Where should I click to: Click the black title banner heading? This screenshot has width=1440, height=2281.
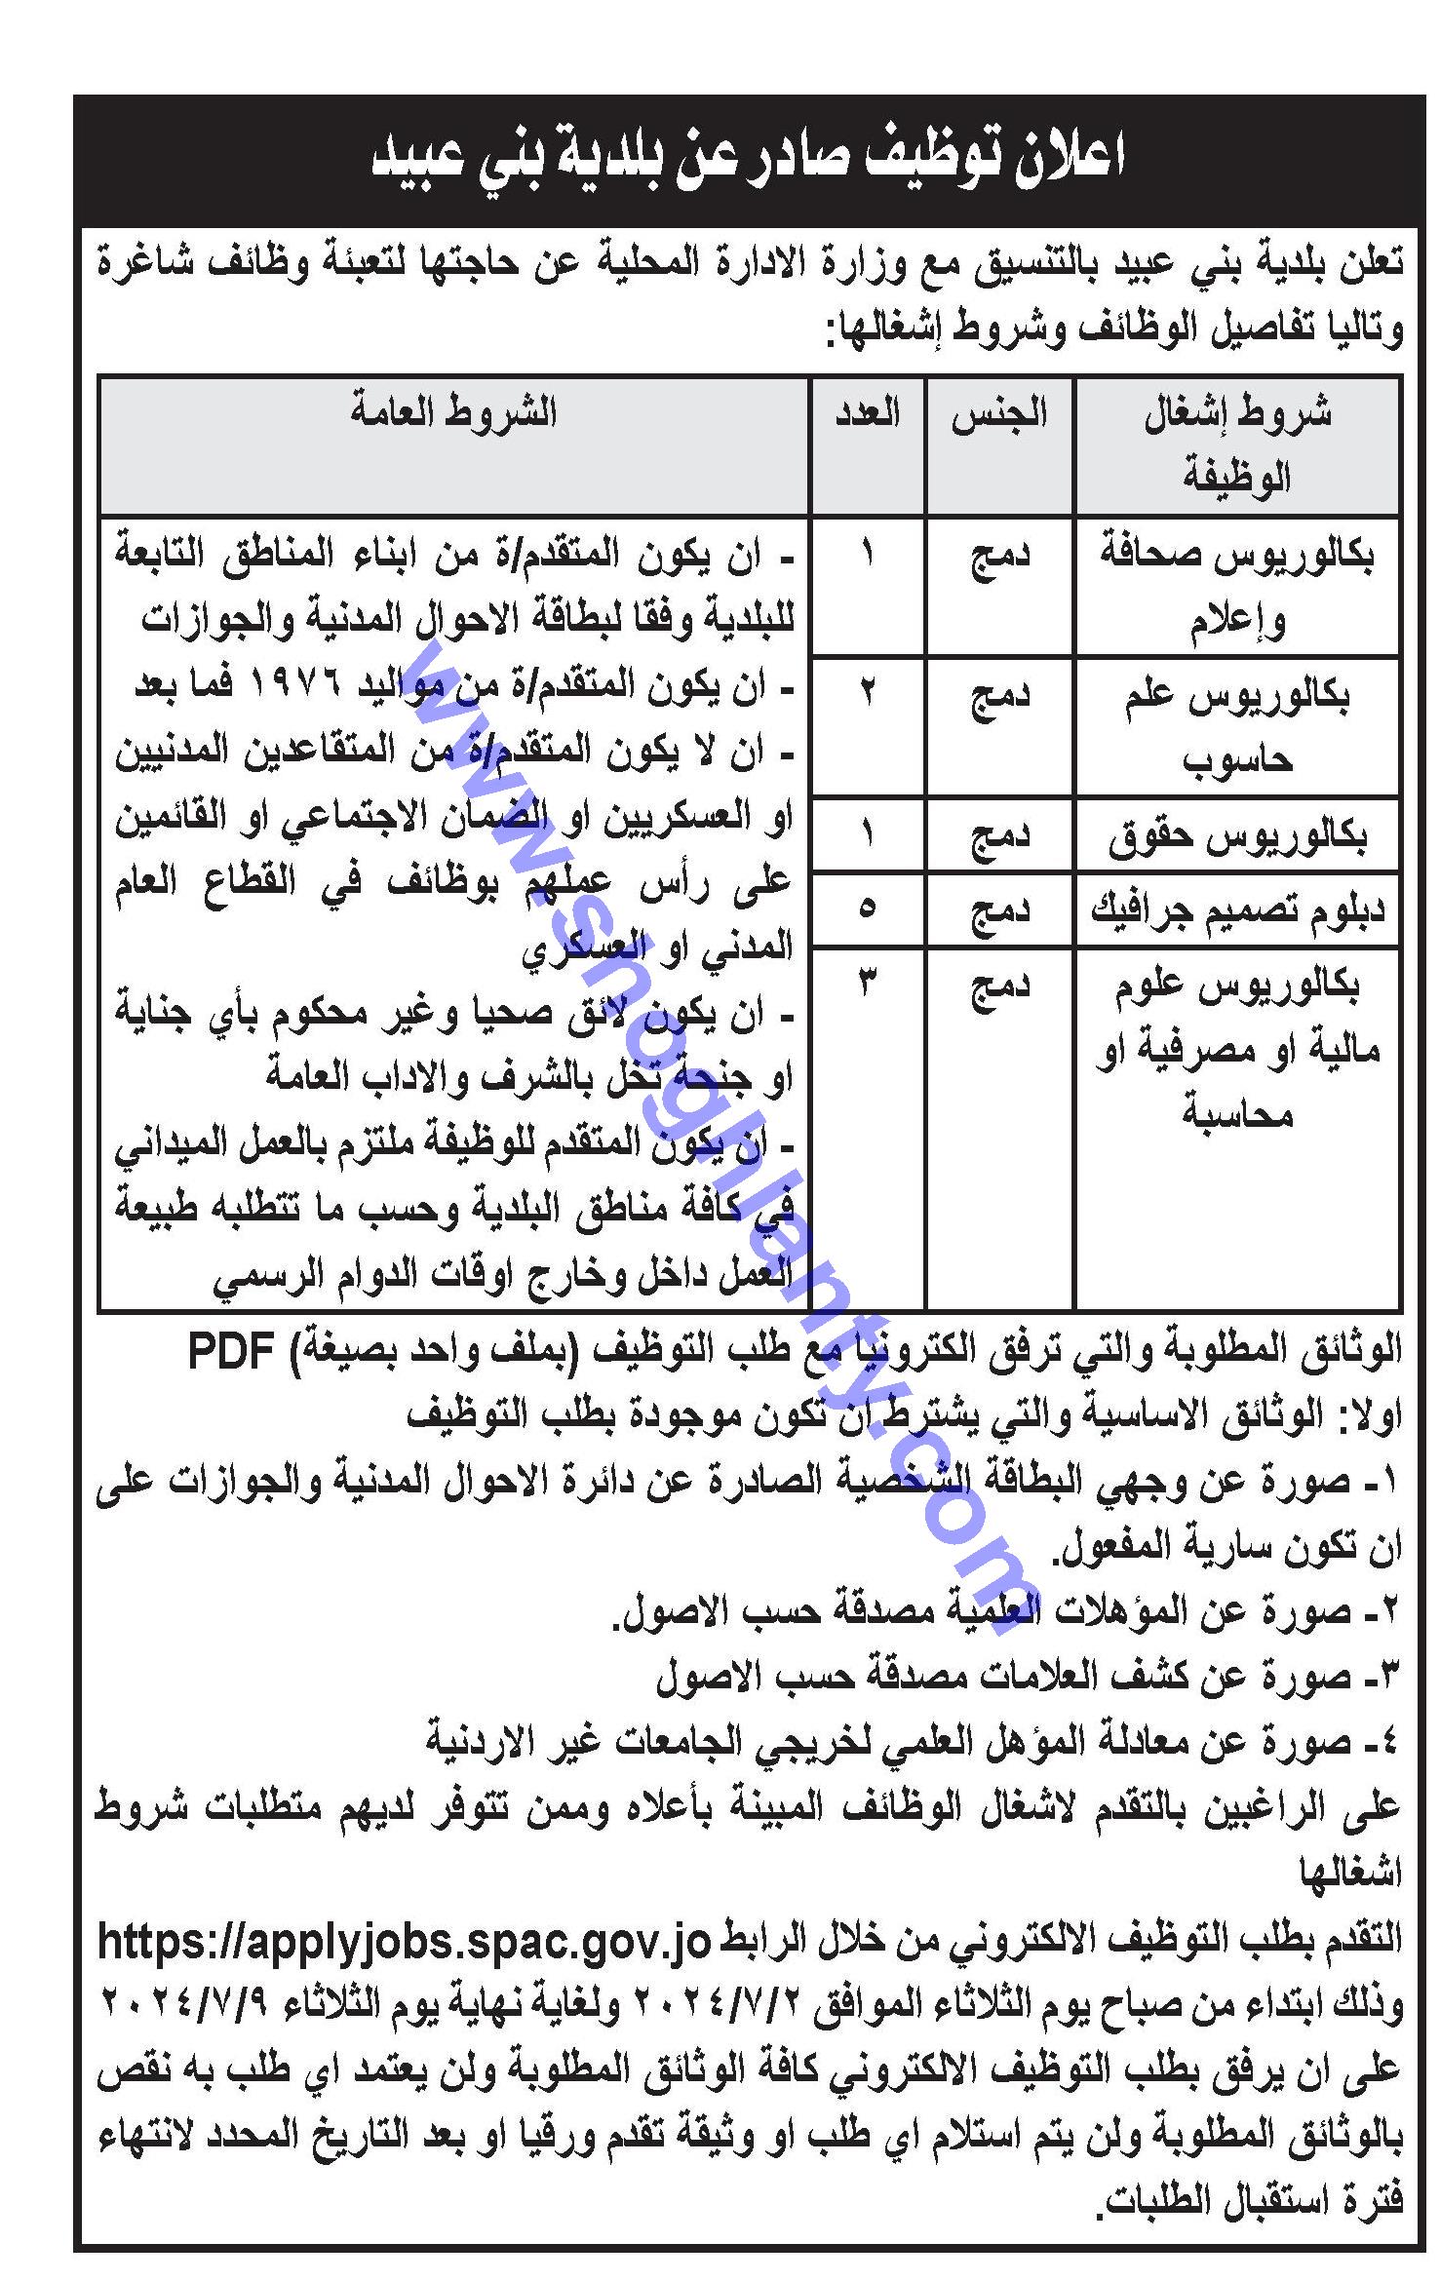[749, 158]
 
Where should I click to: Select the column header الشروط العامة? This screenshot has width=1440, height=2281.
[454, 413]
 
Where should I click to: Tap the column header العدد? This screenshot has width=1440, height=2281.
[868, 413]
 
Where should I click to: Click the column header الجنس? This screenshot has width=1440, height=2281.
[1000, 413]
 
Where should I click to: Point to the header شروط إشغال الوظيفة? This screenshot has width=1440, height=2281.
[1236, 445]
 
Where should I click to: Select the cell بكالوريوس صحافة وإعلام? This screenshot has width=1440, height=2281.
[1236, 586]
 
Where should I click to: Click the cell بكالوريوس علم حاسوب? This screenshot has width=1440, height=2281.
[1236, 726]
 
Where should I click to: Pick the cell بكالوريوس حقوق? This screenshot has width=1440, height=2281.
[1236, 836]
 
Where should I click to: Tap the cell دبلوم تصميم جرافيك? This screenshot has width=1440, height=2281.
[1236, 910]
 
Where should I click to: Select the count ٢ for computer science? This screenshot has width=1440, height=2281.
[868, 693]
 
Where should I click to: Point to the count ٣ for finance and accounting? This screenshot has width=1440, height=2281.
[868, 985]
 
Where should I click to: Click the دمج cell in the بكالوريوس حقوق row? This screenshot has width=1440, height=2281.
[1000, 836]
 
